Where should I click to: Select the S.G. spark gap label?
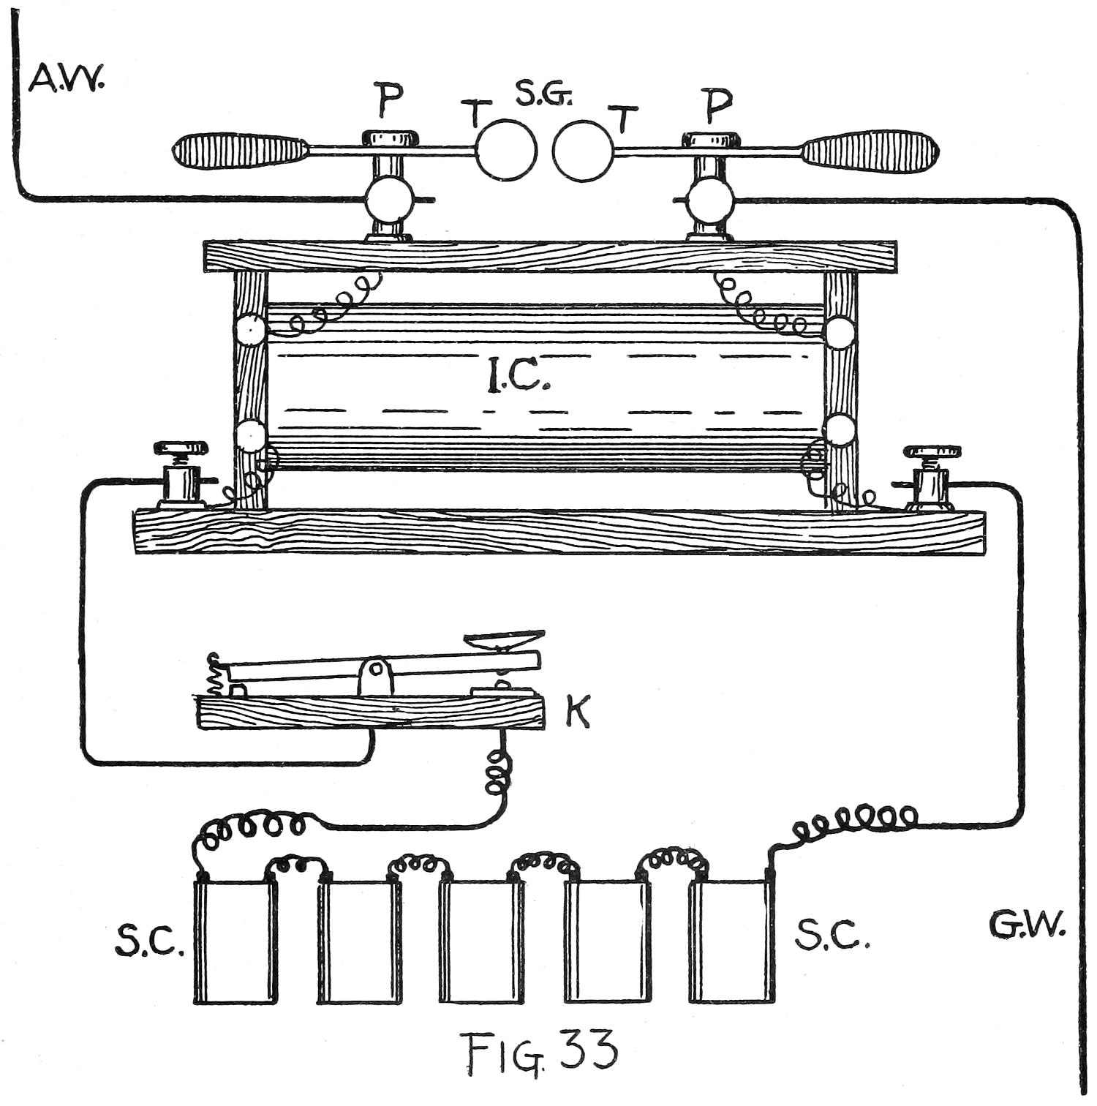pyautogui.click(x=543, y=94)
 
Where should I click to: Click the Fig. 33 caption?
pyautogui.click(x=542, y=1053)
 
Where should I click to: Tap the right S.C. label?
pyautogui.click(x=832, y=934)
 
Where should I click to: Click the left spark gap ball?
pyautogui.click(x=507, y=149)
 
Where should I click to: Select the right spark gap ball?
pyautogui.click(x=583, y=149)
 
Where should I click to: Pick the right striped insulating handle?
pyautogui.click(x=870, y=150)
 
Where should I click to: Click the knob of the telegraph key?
pyautogui.click(x=505, y=638)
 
